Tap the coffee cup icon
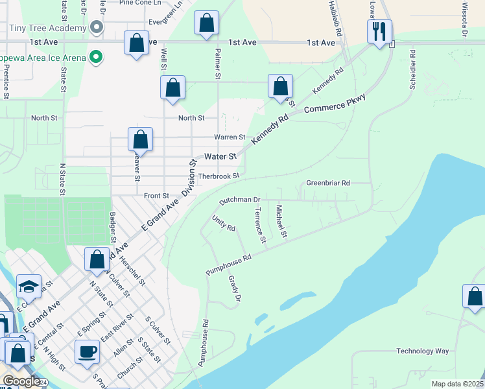87,352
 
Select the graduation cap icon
29,287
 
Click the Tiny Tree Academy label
48,28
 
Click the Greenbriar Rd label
328,183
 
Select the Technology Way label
423,351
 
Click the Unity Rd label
224,224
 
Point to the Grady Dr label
234,289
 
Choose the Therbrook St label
219,175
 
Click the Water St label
218,156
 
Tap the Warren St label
230,137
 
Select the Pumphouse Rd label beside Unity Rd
228,266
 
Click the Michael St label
281,221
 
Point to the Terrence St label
260,226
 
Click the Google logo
21,381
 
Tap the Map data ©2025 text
457,384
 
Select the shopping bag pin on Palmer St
206,23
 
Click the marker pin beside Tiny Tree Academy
97,28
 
